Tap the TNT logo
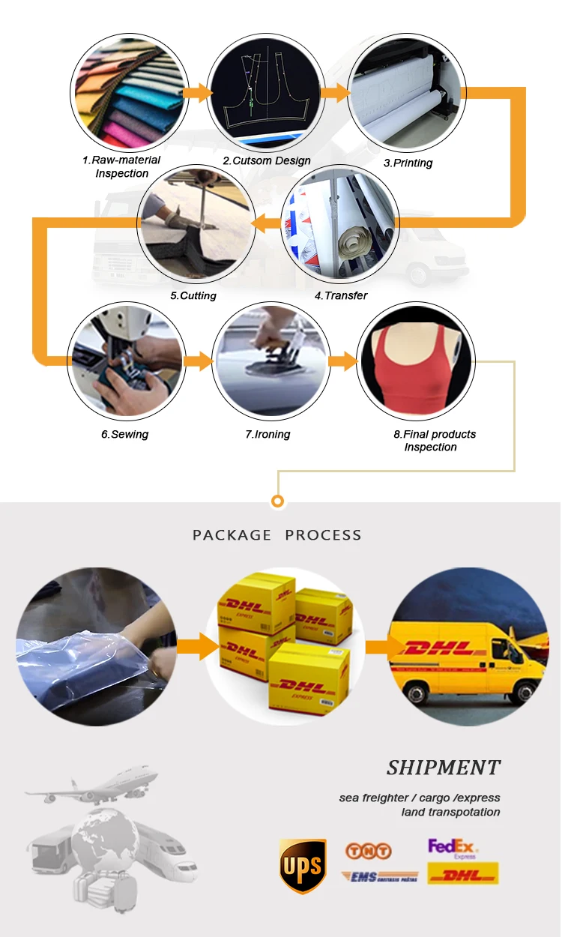[x=368, y=851]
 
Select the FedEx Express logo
[x=453, y=849]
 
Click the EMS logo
[x=379, y=876]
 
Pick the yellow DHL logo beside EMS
[x=462, y=874]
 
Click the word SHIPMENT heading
[x=444, y=768]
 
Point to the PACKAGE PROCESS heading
[x=277, y=535]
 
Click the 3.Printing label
[x=408, y=163]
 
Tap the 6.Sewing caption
[x=125, y=434]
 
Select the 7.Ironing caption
[x=268, y=434]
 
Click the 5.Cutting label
[x=193, y=295]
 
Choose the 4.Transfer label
[x=341, y=295]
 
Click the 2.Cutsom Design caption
[x=267, y=160]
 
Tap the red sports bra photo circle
[x=416, y=361]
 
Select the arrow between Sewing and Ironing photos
[x=199, y=362]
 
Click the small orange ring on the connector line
[x=278, y=501]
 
